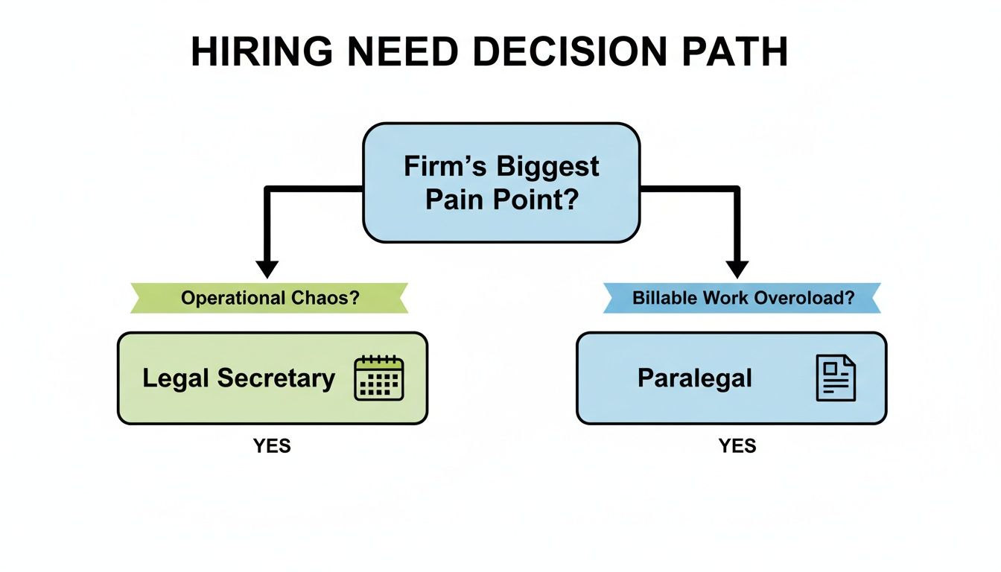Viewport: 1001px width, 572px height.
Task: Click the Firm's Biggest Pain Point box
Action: pos(500,183)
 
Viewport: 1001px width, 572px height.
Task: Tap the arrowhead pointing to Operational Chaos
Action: pos(266,269)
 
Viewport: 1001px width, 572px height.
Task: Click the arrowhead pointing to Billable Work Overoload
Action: pos(737,269)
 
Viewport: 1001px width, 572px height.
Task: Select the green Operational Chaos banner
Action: pos(270,298)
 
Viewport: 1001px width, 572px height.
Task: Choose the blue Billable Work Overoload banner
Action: pos(742,298)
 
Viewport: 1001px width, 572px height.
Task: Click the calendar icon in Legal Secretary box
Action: pos(378,378)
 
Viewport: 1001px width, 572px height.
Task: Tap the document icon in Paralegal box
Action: pos(836,378)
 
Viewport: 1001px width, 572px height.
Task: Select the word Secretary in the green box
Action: pos(276,378)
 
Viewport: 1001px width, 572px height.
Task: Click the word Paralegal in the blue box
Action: pos(694,378)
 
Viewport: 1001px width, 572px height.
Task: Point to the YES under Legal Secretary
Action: pos(272,446)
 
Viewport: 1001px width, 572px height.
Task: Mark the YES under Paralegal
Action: pos(737,446)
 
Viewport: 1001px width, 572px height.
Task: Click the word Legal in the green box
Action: pos(177,378)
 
